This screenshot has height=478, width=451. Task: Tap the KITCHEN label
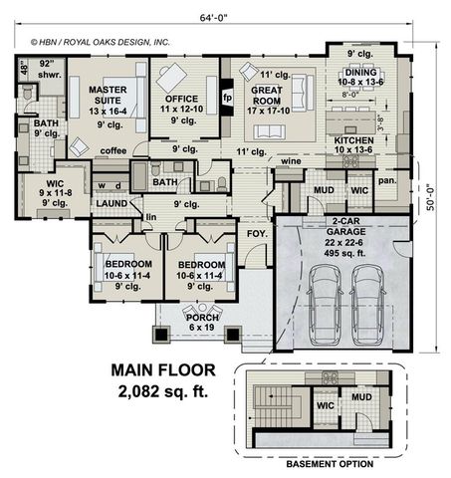point(352,142)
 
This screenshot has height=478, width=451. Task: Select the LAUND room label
point(111,203)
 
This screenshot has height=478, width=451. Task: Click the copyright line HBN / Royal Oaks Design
point(100,43)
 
